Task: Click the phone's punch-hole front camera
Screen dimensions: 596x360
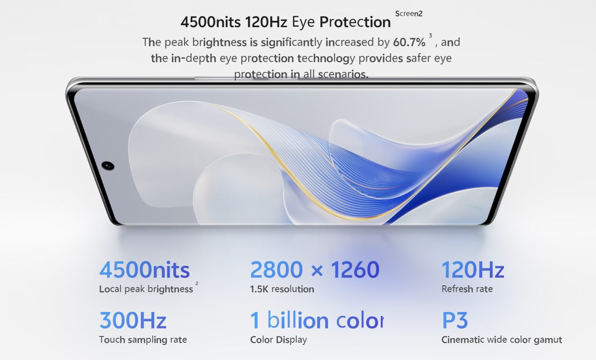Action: click(x=108, y=166)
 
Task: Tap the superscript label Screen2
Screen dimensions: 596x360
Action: click(x=409, y=14)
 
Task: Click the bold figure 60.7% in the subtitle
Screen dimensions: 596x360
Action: click(x=409, y=42)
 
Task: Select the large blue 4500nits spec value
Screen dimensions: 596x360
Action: click(x=145, y=270)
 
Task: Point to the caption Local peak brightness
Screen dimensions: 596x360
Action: click(x=146, y=289)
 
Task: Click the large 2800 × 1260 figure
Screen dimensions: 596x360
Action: click(x=315, y=270)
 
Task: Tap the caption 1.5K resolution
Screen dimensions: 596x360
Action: click(x=282, y=289)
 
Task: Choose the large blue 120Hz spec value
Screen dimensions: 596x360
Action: click(x=473, y=270)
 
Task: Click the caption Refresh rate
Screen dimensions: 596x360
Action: click(x=467, y=289)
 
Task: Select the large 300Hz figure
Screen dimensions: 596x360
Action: click(x=133, y=320)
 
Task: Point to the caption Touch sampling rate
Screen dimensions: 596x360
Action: click(x=143, y=340)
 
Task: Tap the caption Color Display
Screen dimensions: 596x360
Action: click(x=278, y=340)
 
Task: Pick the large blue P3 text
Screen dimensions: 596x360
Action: click(x=455, y=320)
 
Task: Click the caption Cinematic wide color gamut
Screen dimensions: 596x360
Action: click(x=502, y=340)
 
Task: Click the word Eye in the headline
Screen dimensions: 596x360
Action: click(x=303, y=22)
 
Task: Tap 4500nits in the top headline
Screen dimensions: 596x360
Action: click(x=210, y=22)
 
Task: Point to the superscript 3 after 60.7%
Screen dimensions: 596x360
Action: click(x=430, y=36)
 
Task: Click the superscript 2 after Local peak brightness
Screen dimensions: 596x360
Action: click(x=197, y=284)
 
